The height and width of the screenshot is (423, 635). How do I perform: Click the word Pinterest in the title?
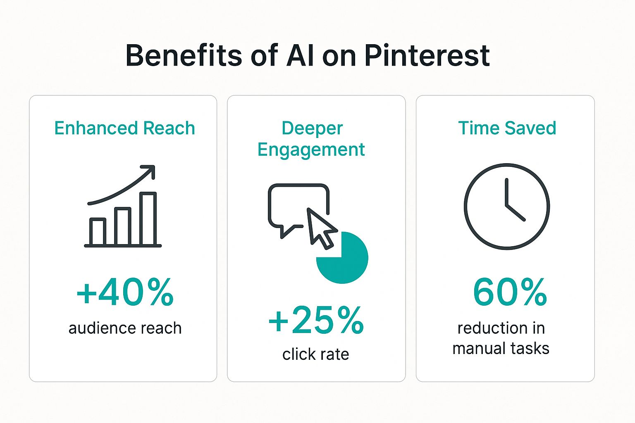pyautogui.click(x=427, y=55)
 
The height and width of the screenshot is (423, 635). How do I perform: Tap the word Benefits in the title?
pyautogui.click(x=184, y=55)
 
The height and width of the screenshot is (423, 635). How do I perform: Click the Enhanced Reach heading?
pyautogui.click(x=124, y=128)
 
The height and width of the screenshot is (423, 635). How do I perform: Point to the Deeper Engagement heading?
pyautogui.click(x=311, y=139)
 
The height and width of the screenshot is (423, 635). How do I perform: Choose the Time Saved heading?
pyautogui.click(x=507, y=128)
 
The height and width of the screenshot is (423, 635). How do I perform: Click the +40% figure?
pyautogui.click(x=125, y=292)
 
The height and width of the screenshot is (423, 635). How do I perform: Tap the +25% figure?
pyautogui.click(x=316, y=320)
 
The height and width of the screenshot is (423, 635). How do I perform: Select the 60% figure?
pyautogui.click(x=510, y=292)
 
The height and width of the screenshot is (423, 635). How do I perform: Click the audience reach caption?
pyautogui.click(x=125, y=328)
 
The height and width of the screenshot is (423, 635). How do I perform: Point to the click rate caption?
pyautogui.click(x=315, y=354)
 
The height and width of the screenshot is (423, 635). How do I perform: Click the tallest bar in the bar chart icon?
pyautogui.click(x=148, y=219)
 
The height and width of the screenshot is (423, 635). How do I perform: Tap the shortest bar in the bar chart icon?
pyautogui.click(x=98, y=232)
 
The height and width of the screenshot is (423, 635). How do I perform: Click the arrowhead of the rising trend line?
pyautogui.click(x=150, y=170)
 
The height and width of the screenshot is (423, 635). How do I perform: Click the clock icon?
pyautogui.click(x=506, y=206)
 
